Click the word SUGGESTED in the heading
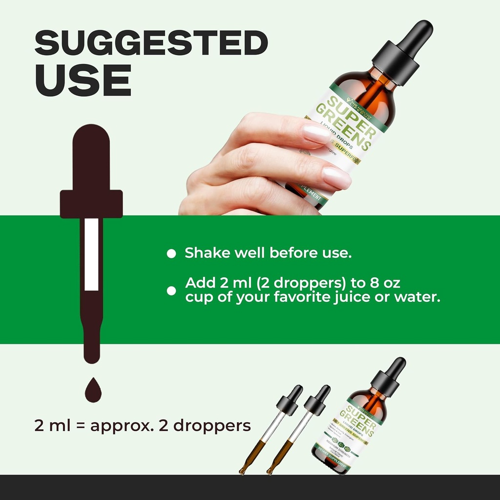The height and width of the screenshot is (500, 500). tap(151, 44)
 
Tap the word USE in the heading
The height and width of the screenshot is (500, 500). tap(83, 80)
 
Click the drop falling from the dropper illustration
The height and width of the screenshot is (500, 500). tap(93, 391)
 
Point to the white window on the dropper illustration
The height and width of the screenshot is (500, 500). tap(91, 254)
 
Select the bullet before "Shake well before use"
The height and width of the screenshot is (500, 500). tap(171, 253)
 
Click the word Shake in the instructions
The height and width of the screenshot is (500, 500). tap(207, 253)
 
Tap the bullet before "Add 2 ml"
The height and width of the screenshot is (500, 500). tap(171, 291)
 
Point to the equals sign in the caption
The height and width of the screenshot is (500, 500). tap(81, 425)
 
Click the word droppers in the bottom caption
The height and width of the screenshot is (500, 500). tap(212, 426)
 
